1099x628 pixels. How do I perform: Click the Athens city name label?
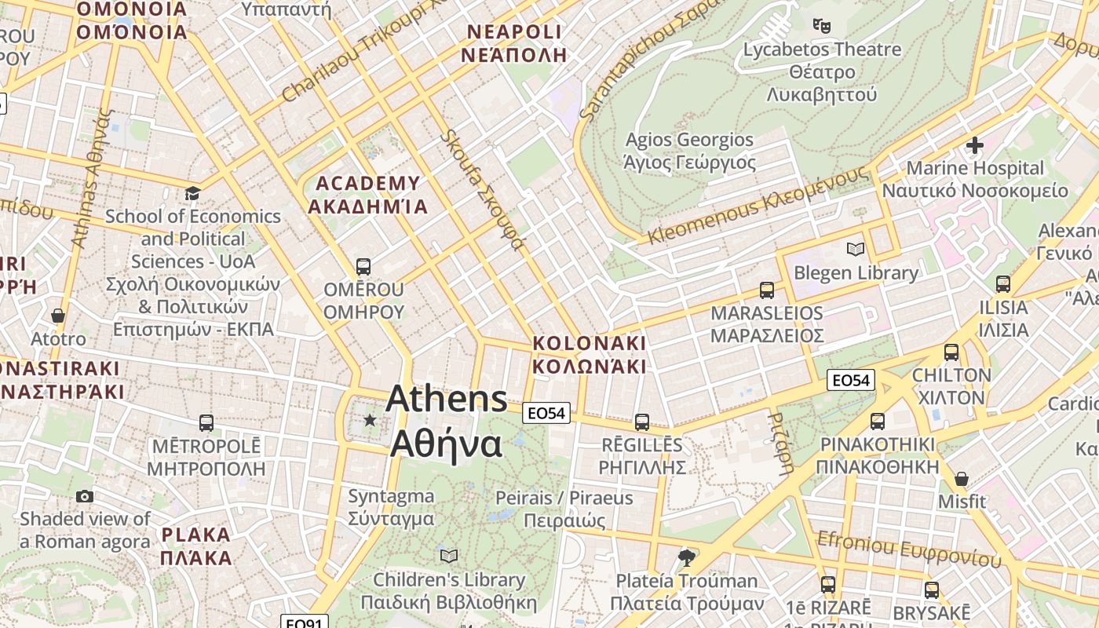447,421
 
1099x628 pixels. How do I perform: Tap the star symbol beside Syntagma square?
370,420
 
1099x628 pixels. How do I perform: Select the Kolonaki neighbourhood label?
589,355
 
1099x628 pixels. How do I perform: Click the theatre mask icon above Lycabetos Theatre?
822,25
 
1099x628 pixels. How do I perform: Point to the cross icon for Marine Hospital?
975,145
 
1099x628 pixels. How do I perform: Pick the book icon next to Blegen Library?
856,249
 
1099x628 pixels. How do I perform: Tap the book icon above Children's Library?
449,556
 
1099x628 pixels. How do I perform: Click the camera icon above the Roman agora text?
85,496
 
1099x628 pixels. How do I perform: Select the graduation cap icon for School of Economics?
192,193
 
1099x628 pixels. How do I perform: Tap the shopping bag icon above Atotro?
58,316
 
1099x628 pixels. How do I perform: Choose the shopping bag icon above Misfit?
962,478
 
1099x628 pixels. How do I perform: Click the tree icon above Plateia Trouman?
687,557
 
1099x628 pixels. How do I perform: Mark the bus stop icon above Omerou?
363,266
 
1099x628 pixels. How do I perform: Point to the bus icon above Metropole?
206,423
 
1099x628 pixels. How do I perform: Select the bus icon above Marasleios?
767,290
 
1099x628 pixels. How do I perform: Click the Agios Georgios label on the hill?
689,151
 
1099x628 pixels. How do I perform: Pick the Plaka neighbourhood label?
196,546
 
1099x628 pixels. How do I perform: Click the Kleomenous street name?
758,204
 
